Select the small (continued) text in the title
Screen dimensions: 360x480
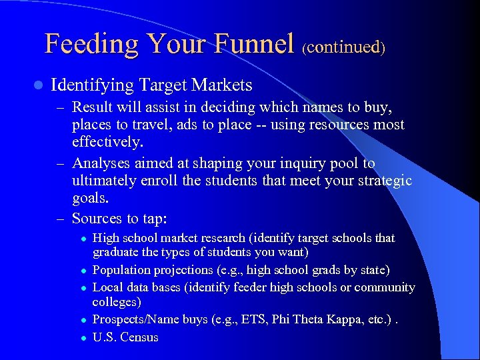pyautogui.click(x=343, y=47)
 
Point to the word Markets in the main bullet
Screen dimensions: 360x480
pyautogui.click(x=221, y=85)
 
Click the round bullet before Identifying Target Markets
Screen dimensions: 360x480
pyautogui.click(x=38, y=86)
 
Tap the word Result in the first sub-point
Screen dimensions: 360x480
pyautogui.click(x=93, y=107)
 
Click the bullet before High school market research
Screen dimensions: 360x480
pyautogui.click(x=83, y=239)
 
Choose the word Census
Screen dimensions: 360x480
pyautogui.click(x=139, y=337)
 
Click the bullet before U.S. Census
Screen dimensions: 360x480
pyautogui.click(x=83, y=338)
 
